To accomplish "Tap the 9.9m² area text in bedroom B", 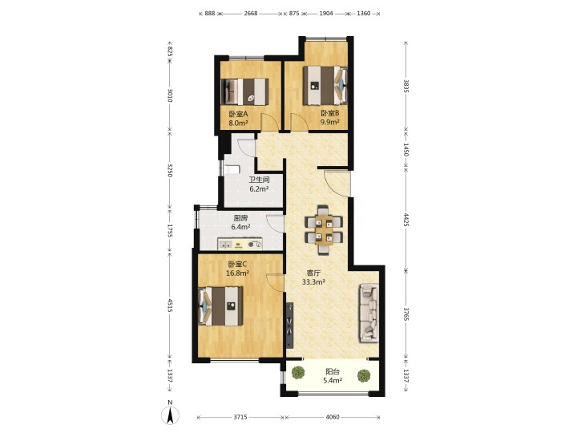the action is click(329, 122).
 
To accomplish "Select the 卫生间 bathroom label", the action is click(260, 180).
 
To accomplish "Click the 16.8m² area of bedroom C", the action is click(238, 273).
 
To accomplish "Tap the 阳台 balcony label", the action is click(333, 372).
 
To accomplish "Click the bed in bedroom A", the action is click(244, 91).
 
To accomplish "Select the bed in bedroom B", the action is click(325, 86).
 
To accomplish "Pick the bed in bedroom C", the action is click(221, 306).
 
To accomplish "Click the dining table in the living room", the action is click(324, 230).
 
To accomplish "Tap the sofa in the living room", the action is click(369, 312).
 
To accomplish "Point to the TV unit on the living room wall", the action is click(290, 325).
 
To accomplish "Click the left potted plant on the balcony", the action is click(298, 373).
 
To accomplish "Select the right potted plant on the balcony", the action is click(364, 375).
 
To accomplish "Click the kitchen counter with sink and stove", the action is click(240, 244).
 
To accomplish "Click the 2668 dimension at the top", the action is click(251, 14).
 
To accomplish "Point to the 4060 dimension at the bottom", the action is click(333, 417).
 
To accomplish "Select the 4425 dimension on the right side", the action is click(406, 220).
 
